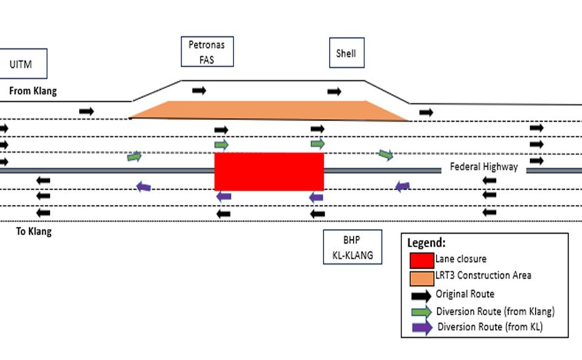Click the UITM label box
point(22,63)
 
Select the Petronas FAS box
point(207,52)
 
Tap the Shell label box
point(346,53)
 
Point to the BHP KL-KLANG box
point(352,247)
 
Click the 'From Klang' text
point(33,92)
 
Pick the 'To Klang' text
point(34,232)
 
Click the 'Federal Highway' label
point(484,167)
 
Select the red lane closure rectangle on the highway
point(269,172)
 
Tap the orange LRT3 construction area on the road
point(267,110)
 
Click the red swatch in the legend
point(421,260)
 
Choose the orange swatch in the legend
point(421,278)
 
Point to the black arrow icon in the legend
point(421,295)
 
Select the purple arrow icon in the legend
point(422,327)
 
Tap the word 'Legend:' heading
point(426,243)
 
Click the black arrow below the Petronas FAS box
point(199,91)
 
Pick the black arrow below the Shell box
point(334,92)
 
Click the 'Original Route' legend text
point(465,295)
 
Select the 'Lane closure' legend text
point(460,259)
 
